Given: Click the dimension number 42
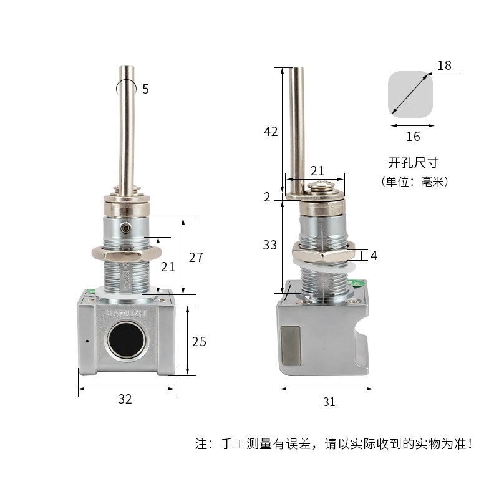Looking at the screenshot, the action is point(271,132).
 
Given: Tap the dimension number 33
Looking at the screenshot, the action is point(269,245).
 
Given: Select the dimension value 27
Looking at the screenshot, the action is point(196,258).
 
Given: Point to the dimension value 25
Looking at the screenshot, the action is point(199,342).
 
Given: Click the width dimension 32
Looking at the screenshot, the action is point(125,399).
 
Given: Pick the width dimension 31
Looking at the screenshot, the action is point(329,402).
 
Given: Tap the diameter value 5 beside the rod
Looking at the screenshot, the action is point(145,89).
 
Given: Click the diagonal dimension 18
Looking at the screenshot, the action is point(444,65).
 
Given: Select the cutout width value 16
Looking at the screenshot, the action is point(413,137).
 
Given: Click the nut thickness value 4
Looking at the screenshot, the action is point(374,256).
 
